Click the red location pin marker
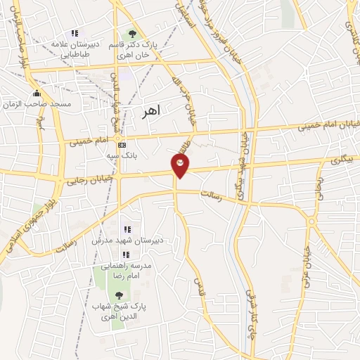click(x=180, y=165)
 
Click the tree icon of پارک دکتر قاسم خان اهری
click(x=131, y=34)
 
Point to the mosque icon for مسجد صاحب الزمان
click(x=37, y=94)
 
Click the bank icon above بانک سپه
click(x=121, y=145)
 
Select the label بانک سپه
click(x=135, y=157)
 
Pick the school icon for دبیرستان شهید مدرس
click(x=127, y=229)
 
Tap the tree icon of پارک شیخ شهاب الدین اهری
click(x=118, y=296)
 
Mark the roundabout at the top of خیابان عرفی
click(x=311, y=223)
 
